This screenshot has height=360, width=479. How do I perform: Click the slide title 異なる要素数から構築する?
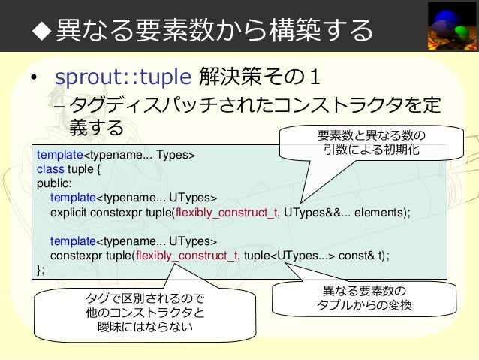coord(214,29)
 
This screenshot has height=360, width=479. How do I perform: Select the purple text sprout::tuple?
coord(123,77)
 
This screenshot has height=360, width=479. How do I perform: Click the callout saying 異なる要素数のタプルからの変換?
coord(361,298)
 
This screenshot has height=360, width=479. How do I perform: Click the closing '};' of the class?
coord(41,269)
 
